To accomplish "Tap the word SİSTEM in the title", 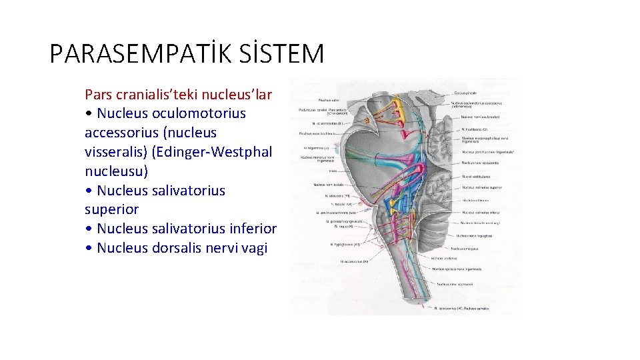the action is click(x=284, y=53).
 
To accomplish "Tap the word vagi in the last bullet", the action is click(x=254, y=248).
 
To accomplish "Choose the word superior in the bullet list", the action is click(x=111, y=209).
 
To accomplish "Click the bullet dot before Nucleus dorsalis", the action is click(x=89, y=248).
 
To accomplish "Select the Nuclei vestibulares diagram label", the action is click(x=476, y=177).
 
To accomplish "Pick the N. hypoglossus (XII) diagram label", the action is click(x=345, y=245).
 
